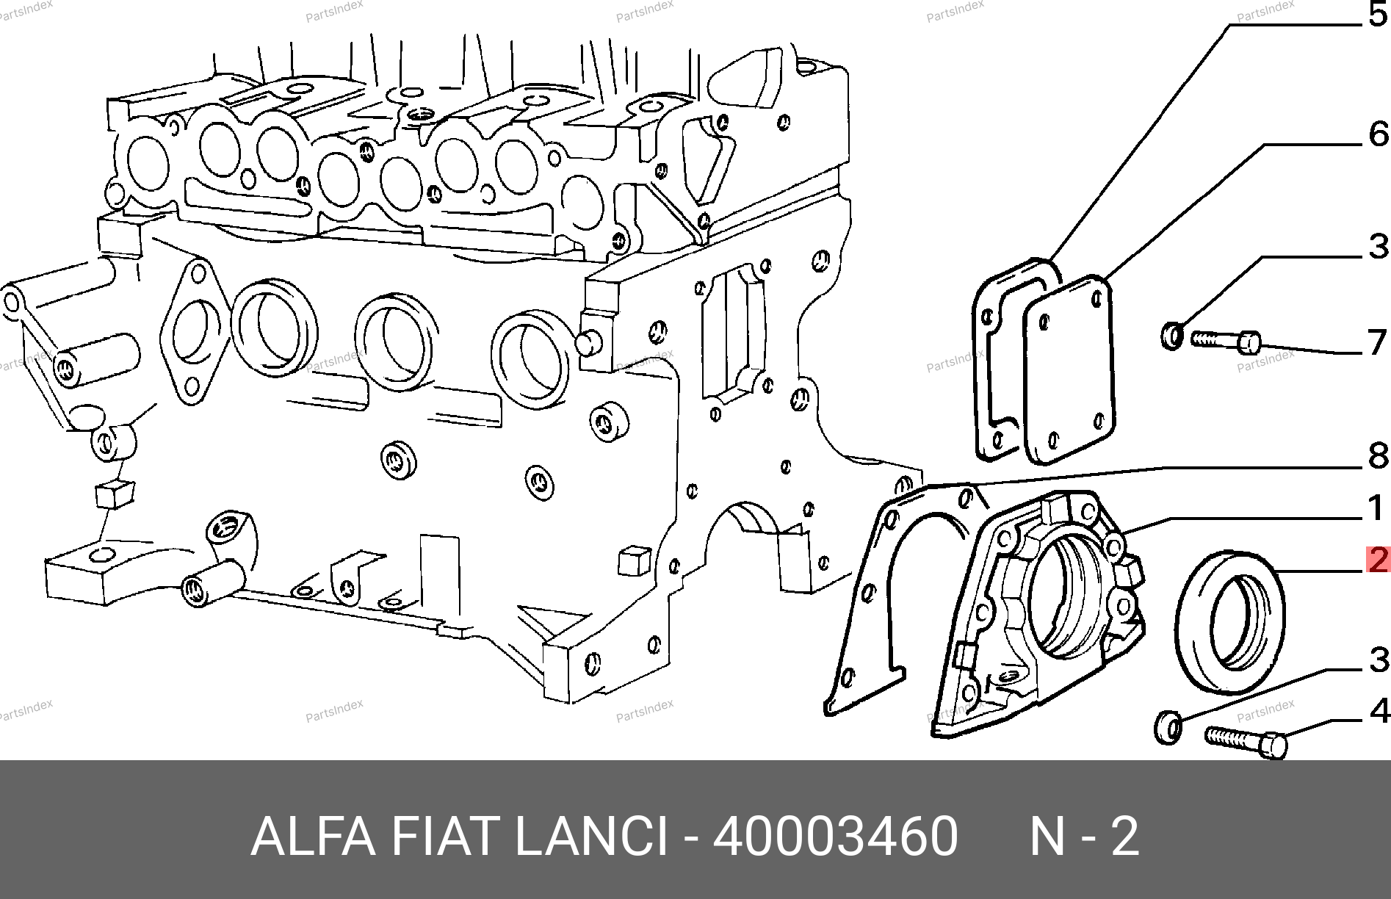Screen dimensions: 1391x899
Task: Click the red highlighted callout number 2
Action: (x=1378, y=560)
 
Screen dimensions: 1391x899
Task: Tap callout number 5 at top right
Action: (x=1379, y=15)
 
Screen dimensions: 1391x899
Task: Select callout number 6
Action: (x=1379, y=134)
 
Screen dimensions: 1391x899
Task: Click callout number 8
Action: (x=1379, y=457)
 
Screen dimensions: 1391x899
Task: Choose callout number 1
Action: (x=1379, y=508)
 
